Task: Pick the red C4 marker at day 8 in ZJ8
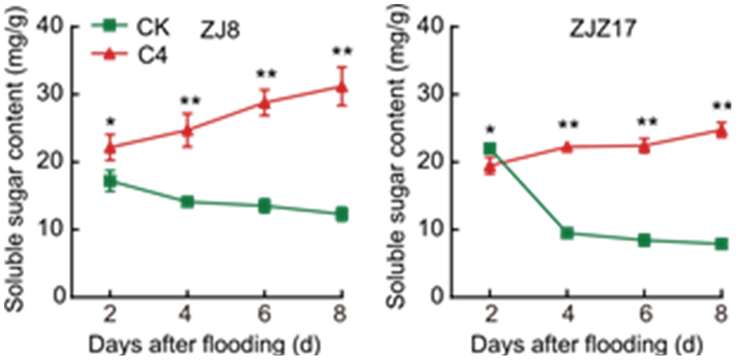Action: (x=342, y=87)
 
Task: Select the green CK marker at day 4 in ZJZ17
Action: (x=567, y=233)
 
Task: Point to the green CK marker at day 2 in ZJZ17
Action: (x=490, y=149)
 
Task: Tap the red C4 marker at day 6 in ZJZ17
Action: (x=644, y=146)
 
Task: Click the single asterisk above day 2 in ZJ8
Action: (x=110, y=122)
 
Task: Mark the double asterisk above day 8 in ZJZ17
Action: (x=722, y=107)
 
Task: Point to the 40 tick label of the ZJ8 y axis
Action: (x=50, y=26)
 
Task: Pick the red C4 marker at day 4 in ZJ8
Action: (x=187, y=131)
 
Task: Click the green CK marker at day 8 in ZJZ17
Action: (x=722, y=244)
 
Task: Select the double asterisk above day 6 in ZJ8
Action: (x=264, y=75)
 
